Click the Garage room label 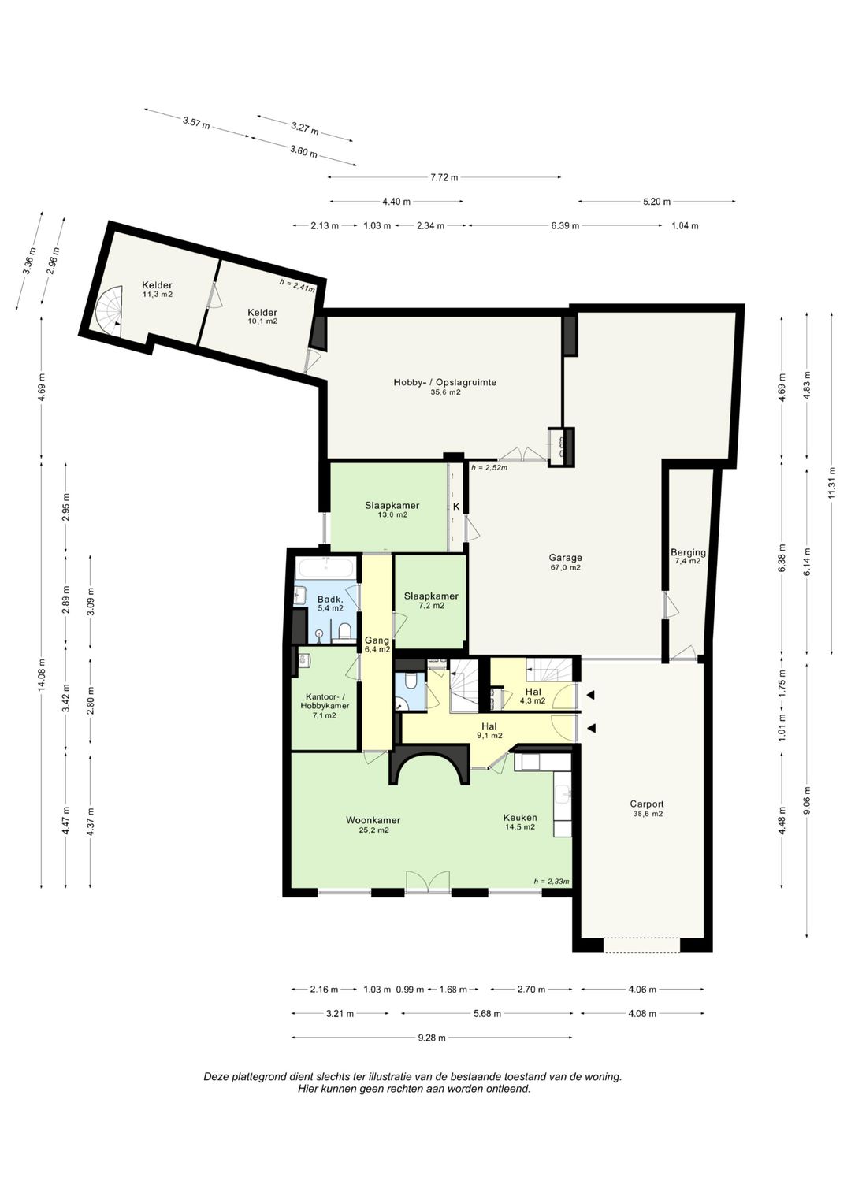[565, 558]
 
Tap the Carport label [647, 804]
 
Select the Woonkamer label [373, 820]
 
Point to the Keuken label [520, 818]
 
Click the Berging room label [688, 552]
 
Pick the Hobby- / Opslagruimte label [445, 382]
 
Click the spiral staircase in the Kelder [109, 311]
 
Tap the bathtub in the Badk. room [325, 568]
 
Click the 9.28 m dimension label [432, 1038]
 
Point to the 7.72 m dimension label [444, 178]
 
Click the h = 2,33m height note [552, 881]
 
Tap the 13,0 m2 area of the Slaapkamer [392, 514]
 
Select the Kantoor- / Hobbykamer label [325, 700]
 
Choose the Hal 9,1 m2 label [489, 731]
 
